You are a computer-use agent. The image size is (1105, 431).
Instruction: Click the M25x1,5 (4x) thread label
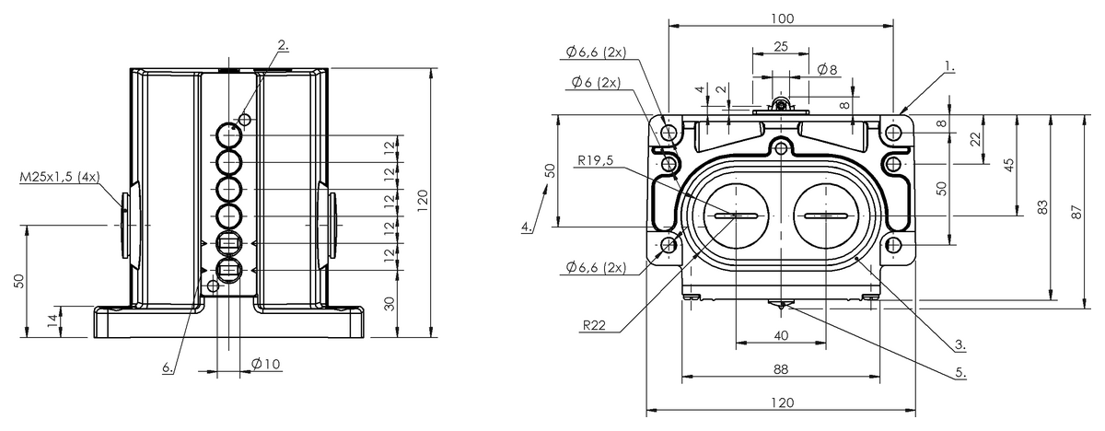pyautogui.click(x=60, y=177)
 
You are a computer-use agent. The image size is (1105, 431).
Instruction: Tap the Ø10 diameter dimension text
pyautogui.click(x=266, y=364)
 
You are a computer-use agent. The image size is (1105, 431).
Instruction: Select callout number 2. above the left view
pyautogui.click(x=284, y=45)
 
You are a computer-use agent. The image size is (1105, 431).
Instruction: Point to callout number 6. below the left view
pyautogui.click(x=169, y=367)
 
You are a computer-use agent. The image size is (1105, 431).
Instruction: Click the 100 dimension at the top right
pyautogui.click(x=783, y=18)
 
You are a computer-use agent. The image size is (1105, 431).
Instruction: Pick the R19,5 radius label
pyautogui.click(x=596, y=160)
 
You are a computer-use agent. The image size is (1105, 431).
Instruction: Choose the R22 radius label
pyautogui.click(x=594, y=325)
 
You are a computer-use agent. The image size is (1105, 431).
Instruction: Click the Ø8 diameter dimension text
pyautogui.click(x=827, y=70)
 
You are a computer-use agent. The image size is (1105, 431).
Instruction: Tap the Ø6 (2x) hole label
pyautogui.click(x=596, y=82)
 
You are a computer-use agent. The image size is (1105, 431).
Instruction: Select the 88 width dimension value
pyautogui.click(x=781, y=369)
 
